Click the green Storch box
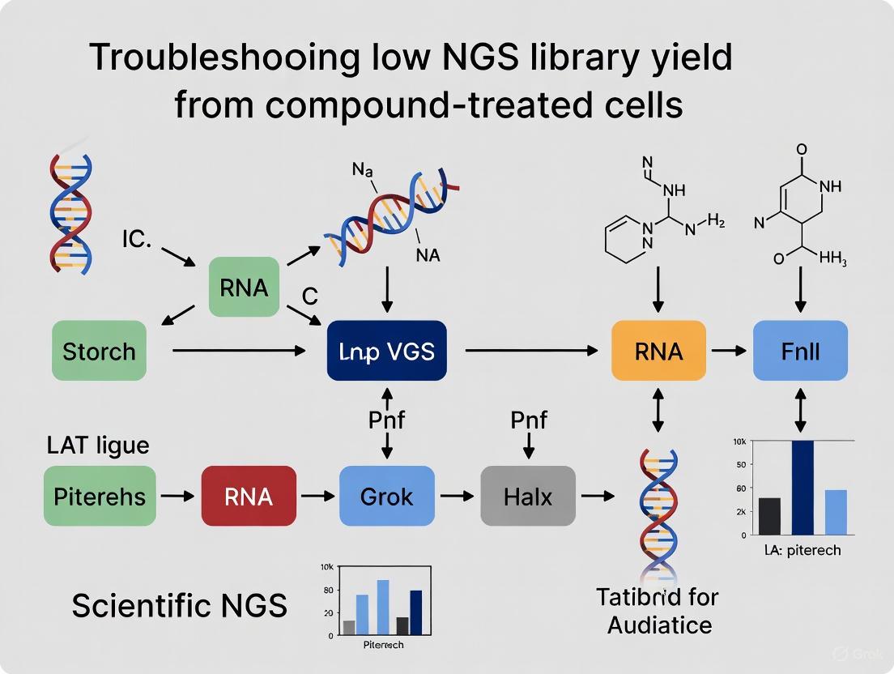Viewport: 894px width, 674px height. pyautogui.click(x=99, y=351)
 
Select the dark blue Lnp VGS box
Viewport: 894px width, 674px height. pyautogui.click(x=387, y=351)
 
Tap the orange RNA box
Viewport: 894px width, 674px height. pyautogui.click(x=658, y=351)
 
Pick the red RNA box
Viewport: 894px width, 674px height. pyautogui.click(x=249, y=495)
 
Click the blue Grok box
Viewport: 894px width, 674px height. pyautogui.click(x=386, y=495)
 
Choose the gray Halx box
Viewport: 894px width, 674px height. pyautogui.click(x=528, y=495)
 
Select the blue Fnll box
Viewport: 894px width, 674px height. pyautogui.click(x=800, y=351)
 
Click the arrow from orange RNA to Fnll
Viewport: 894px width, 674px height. pyautogui.click(x=729, y=351)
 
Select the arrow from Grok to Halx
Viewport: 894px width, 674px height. pyautogui.click(x=458, y=495)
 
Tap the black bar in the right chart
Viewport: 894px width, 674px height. pyautogui.click(x=770, y=516)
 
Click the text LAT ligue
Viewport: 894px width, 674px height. pyautogui.click(x=97, y=446)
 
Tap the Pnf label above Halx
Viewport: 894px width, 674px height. pyautogui.click(x=528, y=420)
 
